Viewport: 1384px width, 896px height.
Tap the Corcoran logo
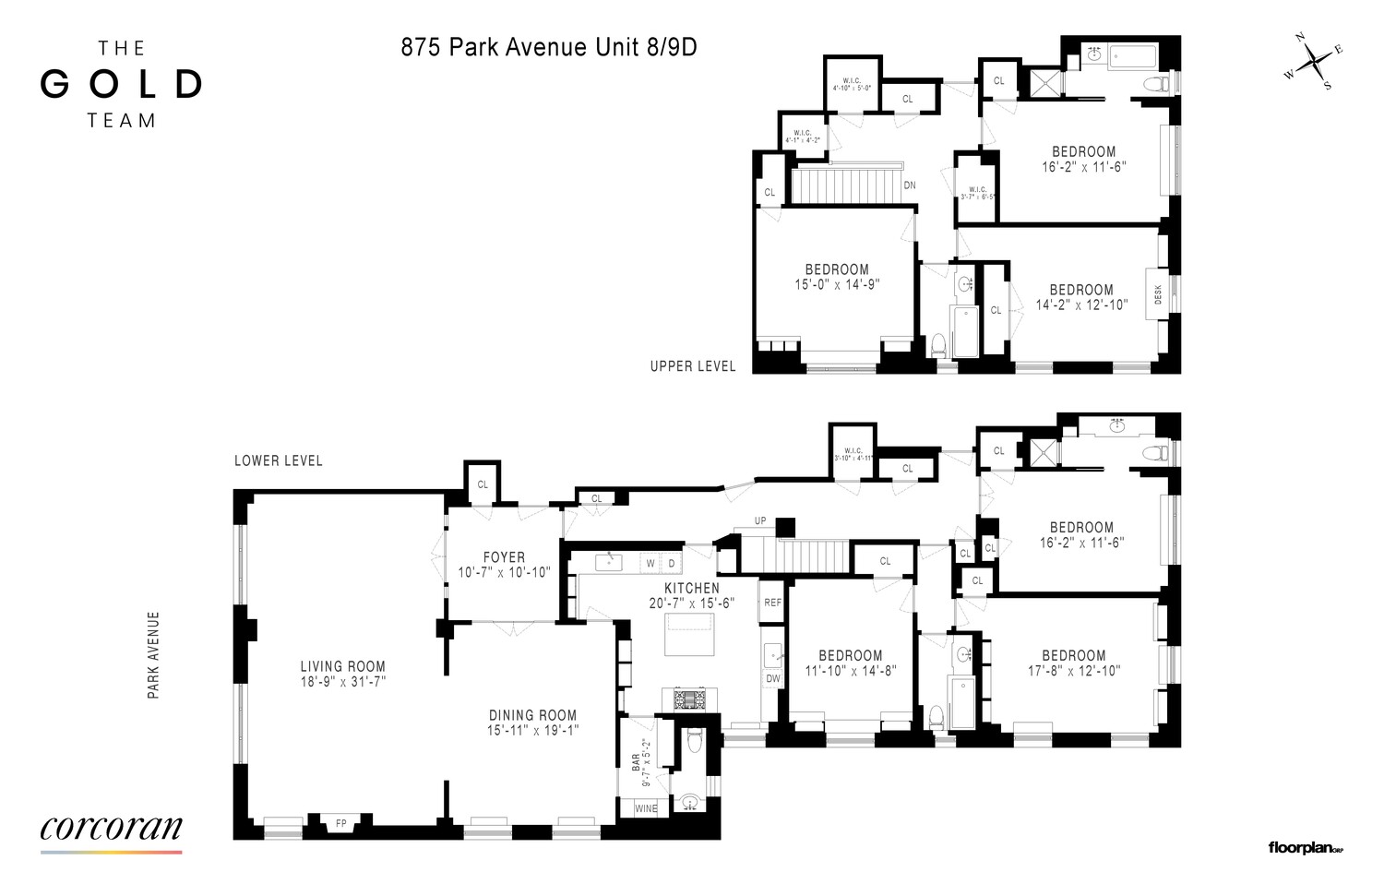(111, 828)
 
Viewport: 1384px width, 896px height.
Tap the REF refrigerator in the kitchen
(772, 603)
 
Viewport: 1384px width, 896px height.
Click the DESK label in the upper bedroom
(1158, 294)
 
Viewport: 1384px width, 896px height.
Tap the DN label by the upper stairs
(910, 185)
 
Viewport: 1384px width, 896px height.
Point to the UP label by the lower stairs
(760, 521)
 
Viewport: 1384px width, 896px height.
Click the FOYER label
(504, 557)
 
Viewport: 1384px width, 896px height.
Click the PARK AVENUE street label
(154, 654)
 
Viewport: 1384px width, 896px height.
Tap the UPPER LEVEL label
(693, 366)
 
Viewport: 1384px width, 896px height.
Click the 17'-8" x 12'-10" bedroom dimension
(1074, 671)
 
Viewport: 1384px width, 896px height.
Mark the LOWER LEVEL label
(278, 460)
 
